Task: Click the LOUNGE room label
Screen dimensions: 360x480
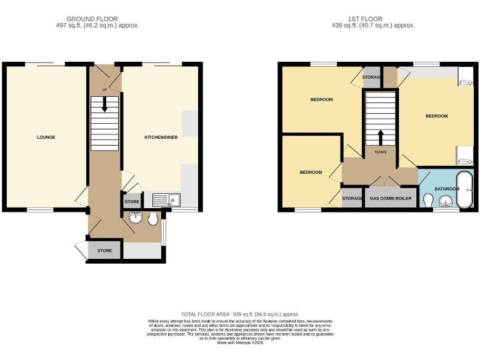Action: point(46,137)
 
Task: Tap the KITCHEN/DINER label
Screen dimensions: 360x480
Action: point(161,137)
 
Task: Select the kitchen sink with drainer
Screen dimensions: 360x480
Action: point(166,200)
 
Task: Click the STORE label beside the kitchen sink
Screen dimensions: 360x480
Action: point(132,202)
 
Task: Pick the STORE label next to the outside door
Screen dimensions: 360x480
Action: point(104,251)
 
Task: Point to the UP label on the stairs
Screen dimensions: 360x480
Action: point(104,89)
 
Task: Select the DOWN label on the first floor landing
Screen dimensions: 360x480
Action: point(381,152)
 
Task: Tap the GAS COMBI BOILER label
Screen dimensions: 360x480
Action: point(391,199)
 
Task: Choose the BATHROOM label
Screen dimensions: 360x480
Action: point(447,188)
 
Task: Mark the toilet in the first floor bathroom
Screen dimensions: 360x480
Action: point(428,199)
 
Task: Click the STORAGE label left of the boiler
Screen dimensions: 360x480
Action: point(352,199)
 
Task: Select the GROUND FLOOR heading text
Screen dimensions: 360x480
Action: point(96,19)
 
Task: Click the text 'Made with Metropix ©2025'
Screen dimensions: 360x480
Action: point(240,342)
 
